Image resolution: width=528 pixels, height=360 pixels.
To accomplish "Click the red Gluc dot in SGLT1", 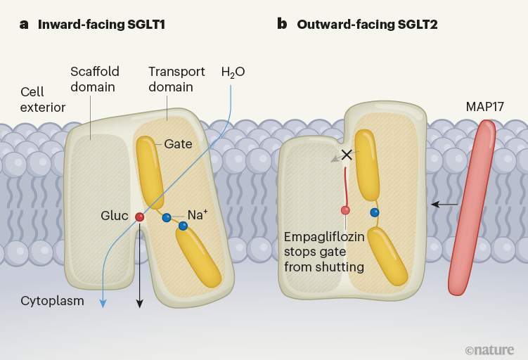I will pos(139,217).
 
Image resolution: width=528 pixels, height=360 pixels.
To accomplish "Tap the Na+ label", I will pos(197,215).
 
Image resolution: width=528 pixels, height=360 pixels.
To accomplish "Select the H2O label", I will pos(233,72).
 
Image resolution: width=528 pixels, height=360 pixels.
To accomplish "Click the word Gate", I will pos(178,144).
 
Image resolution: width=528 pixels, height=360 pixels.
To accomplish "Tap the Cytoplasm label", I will pos(53,301).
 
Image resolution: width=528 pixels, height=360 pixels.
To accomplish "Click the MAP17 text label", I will pos(485,107).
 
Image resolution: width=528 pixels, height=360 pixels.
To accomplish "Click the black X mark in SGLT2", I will pos(347,155).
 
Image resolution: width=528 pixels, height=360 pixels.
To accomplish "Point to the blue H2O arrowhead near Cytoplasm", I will pos(103,303).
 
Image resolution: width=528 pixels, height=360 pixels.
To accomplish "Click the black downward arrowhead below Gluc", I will pos(139,304).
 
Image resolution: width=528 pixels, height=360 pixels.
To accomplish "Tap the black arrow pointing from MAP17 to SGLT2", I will pos(444,205).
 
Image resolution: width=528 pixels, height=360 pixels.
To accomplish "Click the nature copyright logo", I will pos(489,349).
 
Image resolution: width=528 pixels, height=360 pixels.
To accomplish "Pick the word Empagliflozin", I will pos(324,236).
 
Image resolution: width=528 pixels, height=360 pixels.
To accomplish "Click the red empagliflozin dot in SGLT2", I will pos(345,210).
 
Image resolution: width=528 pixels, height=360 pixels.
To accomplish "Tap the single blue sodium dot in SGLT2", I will pos(375,212).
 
